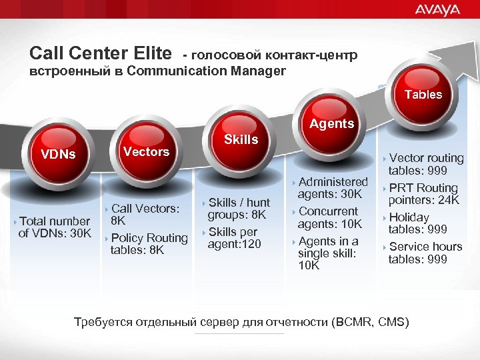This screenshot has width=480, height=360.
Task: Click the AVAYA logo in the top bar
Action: point(437,9)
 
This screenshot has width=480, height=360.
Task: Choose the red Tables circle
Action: point(423,94)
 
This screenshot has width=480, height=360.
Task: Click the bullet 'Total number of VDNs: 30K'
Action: point(54,227)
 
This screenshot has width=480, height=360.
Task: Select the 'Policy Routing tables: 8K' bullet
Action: point(148,244)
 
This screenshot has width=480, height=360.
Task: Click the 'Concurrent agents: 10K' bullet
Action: point(329,217)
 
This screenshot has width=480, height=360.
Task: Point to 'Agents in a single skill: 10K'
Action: point(327,253)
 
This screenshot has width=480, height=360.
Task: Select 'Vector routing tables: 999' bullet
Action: point(425,164)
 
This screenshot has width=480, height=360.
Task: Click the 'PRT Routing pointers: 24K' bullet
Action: point(423,194)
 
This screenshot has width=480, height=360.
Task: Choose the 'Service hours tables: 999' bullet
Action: point(425,253)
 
